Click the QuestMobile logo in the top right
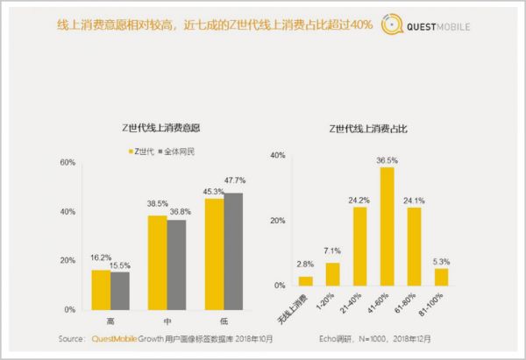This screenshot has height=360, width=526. (430, 26)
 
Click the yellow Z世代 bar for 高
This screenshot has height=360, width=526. (102, 290)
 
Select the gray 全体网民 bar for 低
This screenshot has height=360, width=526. (233, 251)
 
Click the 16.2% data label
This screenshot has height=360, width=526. (101, 258)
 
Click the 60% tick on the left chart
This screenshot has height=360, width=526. (68, 163)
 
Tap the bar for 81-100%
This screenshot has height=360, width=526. (441, 277)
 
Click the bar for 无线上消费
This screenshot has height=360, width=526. (305, 281)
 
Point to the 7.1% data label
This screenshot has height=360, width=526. (332, 251)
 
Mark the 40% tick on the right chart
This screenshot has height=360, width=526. (279, 156)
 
